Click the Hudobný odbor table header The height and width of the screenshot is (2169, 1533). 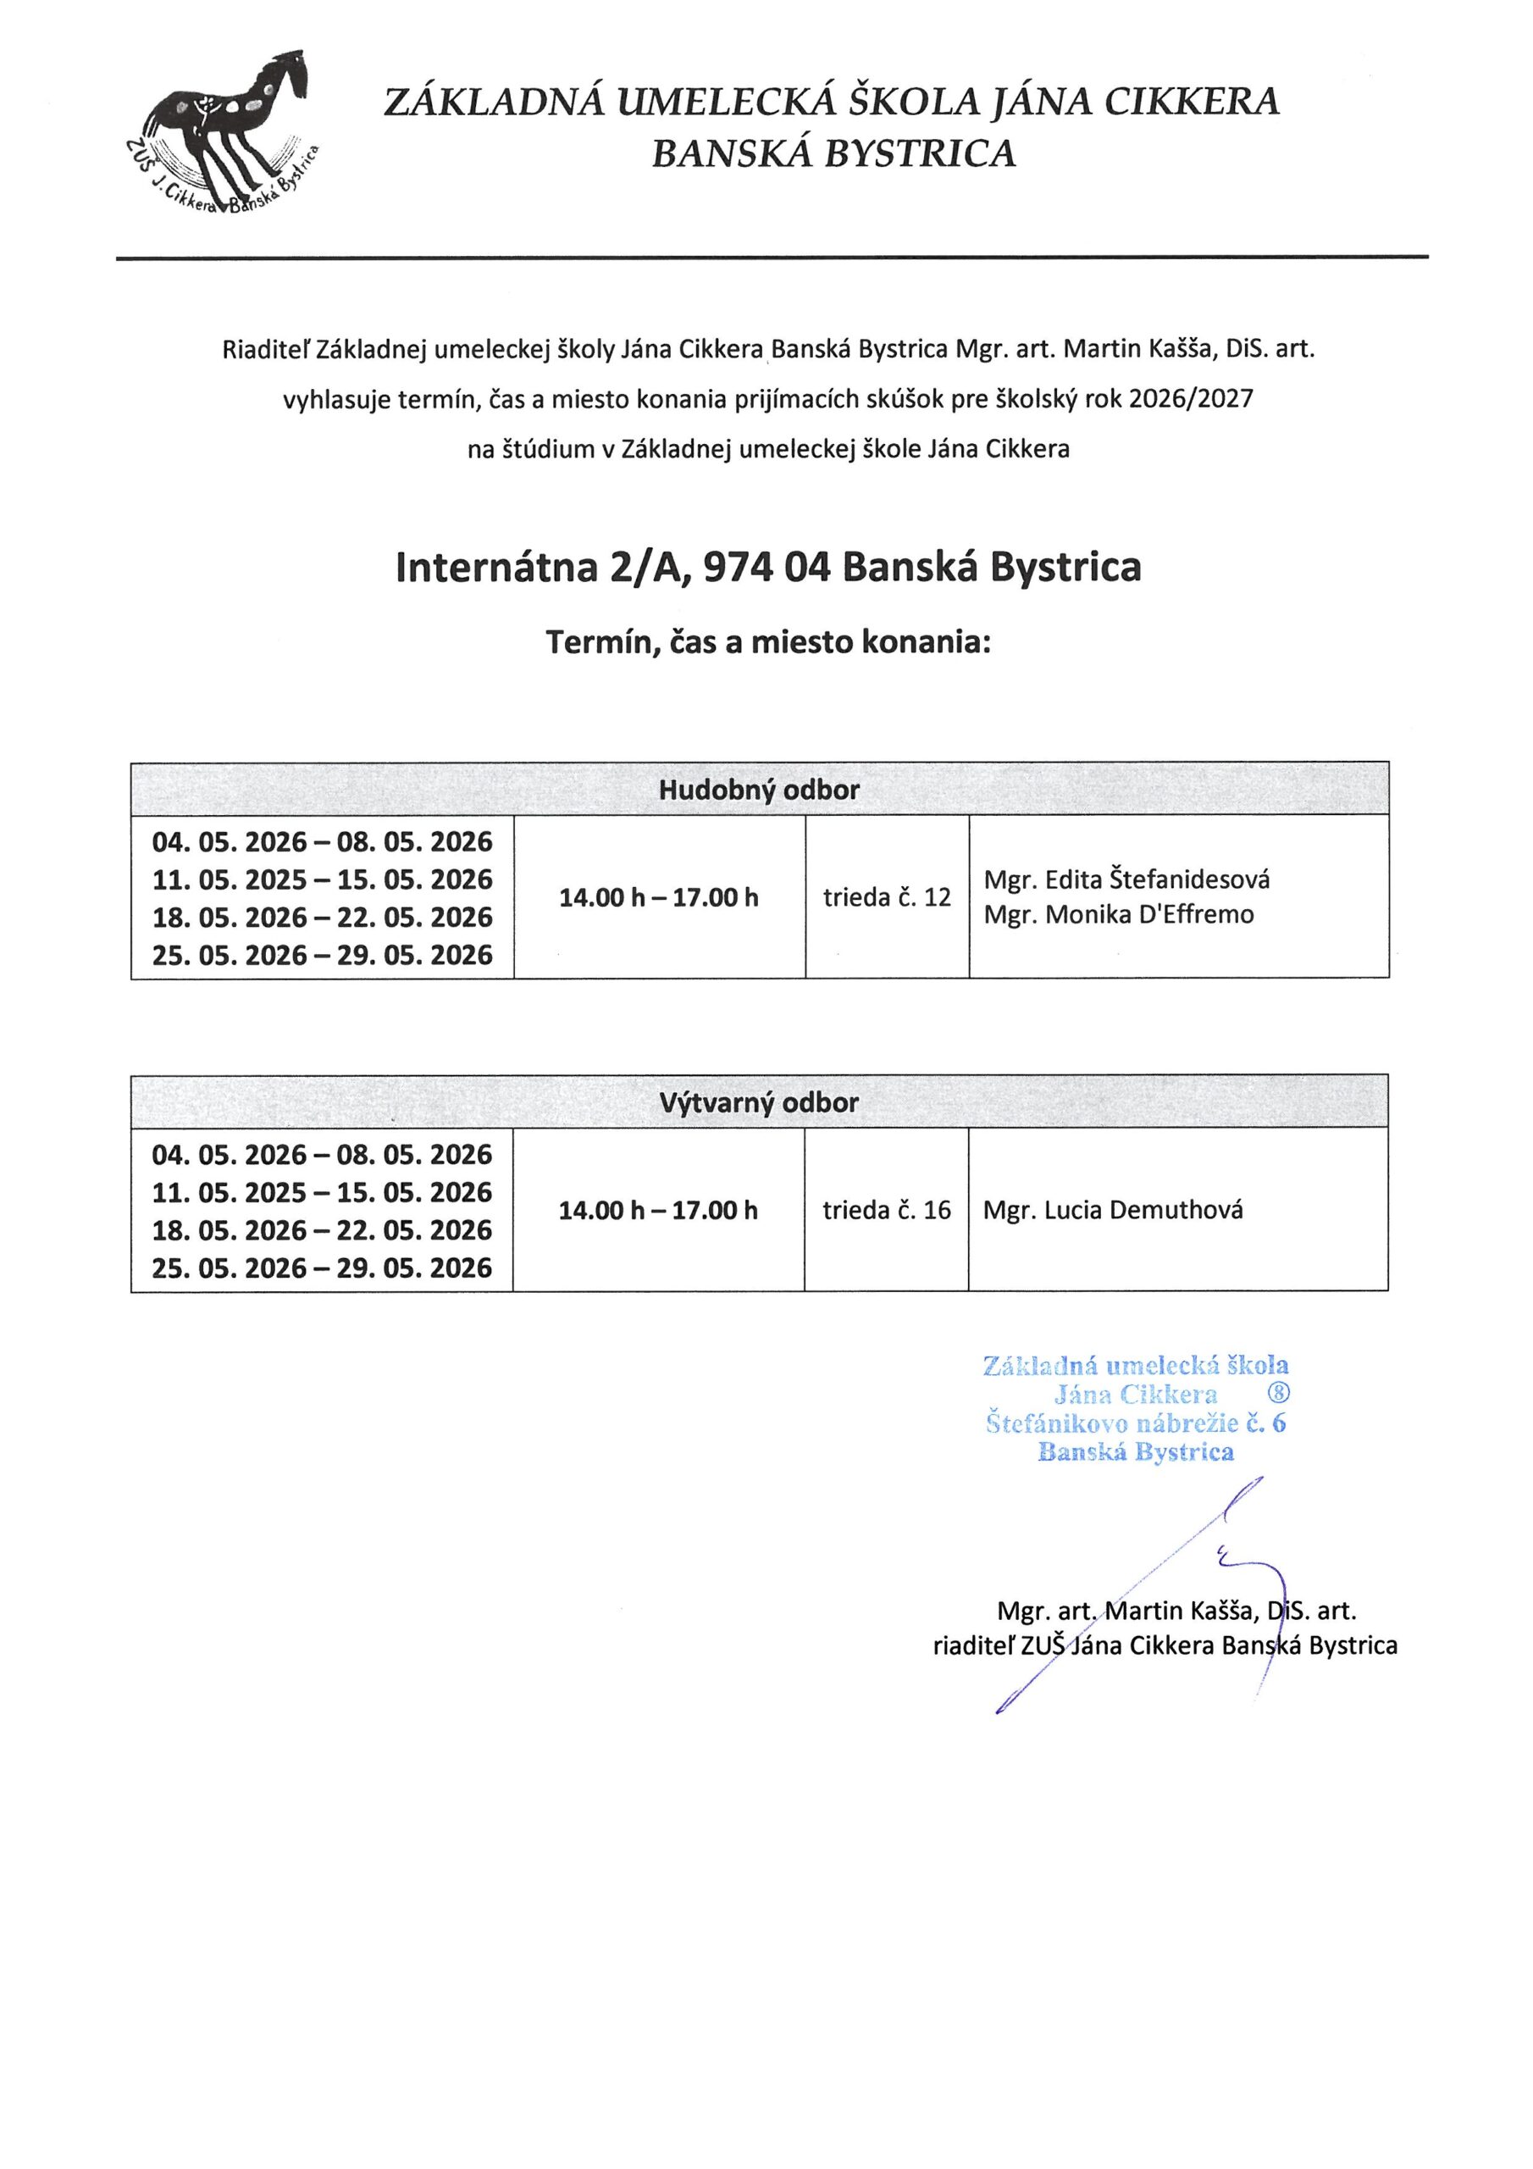pos(759,790)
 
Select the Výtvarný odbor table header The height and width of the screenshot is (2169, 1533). pos(759,1102)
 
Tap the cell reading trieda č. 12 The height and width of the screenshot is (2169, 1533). pos(886,896)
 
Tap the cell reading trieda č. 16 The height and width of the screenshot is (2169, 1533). pos(886,1210)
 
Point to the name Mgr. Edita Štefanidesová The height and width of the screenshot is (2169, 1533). pos(1126,879)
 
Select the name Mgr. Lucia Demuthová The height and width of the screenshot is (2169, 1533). pos(1113,1210)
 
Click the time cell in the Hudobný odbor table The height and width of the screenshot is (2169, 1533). pos(658,896)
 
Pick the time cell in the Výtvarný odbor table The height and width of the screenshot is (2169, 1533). pos(658,1210)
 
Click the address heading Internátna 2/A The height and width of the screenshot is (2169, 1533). pos(768,567)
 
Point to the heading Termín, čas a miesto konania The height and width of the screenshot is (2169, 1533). pos(768,642)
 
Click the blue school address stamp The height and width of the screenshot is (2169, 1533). pos(1134,1407)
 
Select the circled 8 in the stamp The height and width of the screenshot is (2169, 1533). pos(1276,1395)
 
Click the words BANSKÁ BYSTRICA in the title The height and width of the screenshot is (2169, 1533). pos(833,153)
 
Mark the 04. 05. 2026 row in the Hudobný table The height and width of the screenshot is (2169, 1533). pos(322,840)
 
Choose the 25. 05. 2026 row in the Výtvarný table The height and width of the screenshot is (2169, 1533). pos(322,1268)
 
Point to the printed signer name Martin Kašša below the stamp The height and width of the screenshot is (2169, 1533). pos(1176,1611)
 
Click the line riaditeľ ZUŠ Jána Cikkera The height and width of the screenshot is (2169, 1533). pos(1164,1645)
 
